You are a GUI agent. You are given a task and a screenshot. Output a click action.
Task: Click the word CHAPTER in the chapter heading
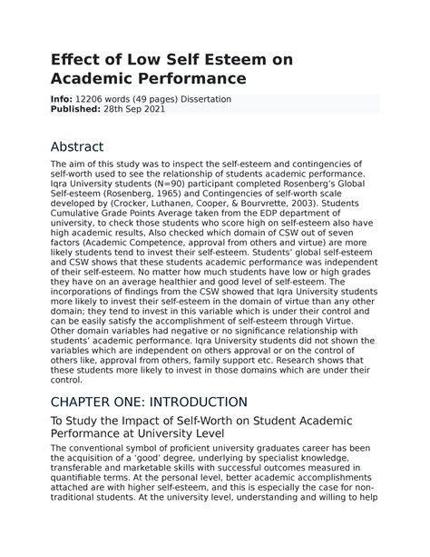click(94, 401)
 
